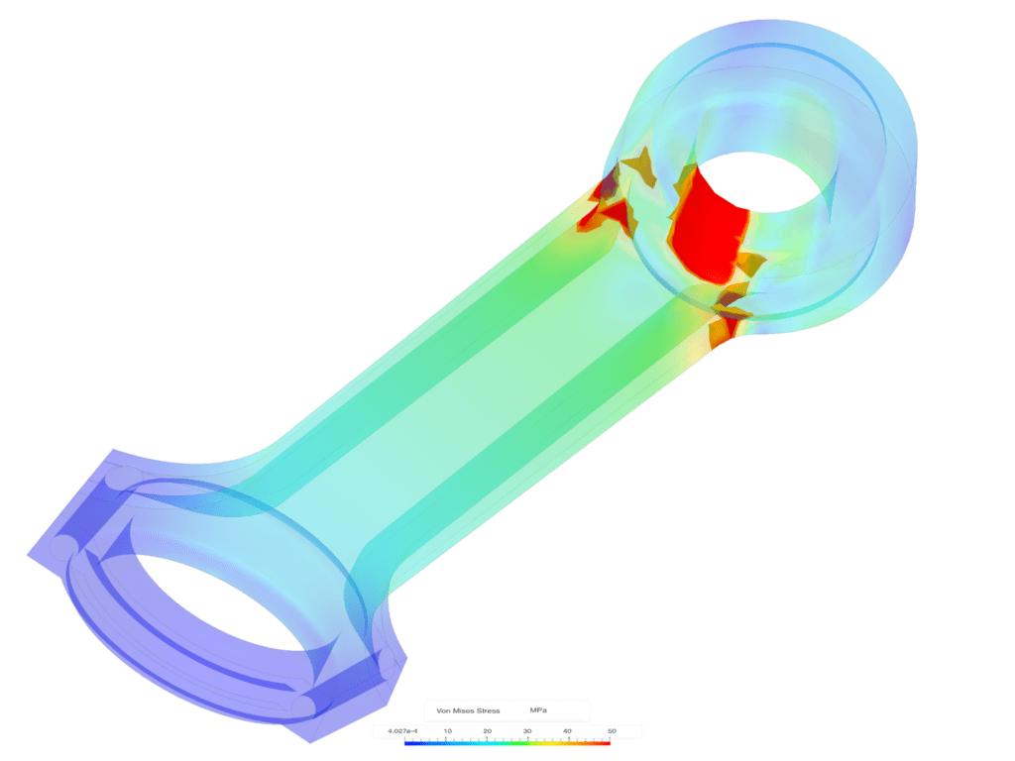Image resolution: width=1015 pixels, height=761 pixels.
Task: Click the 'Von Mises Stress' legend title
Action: pyautogui.click(x=468, y=710)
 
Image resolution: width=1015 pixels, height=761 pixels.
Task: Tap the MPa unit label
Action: pyautogui.click(x=537, y=710)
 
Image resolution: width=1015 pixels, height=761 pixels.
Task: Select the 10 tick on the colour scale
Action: pyautogui.click(x=447, y=731)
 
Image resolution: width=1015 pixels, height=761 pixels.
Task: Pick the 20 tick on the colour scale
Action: pyautogui.click(x=487, y=731)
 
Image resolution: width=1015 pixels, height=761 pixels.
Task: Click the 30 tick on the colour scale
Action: pyautogui.click(x=527, y=731)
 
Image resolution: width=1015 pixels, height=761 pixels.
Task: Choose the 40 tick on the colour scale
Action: pyautogui.click(x=567, y=731)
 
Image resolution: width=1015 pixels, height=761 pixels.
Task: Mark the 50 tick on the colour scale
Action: pyautogui.click(x=611, y=731)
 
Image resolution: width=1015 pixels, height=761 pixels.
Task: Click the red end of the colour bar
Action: pyautogui.click(x=606, y=742)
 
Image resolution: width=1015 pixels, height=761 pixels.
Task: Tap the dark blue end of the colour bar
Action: pyautogui.click(x=408, y=742)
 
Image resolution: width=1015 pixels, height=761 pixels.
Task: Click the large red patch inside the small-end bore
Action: pyautogui.click(x=705, y=222)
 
